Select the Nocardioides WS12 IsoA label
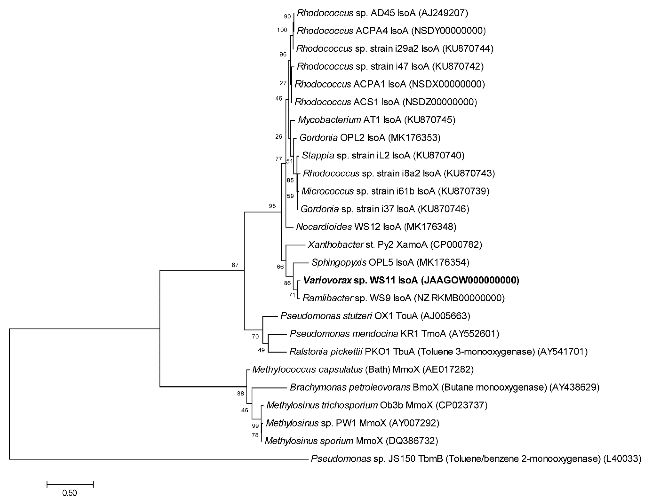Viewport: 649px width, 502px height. click(376, 227)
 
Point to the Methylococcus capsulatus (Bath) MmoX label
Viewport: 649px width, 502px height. click(363, 369)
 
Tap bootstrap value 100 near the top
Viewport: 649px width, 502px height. click(282, 30)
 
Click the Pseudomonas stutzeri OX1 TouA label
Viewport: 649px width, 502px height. click(375, 316)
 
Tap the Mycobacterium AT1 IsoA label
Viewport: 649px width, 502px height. click(376, 120)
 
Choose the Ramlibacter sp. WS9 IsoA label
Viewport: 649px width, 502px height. click(403, 298)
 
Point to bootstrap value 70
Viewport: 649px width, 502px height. click(255, 336)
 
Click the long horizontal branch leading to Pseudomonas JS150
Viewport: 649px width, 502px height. click(157, 459)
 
